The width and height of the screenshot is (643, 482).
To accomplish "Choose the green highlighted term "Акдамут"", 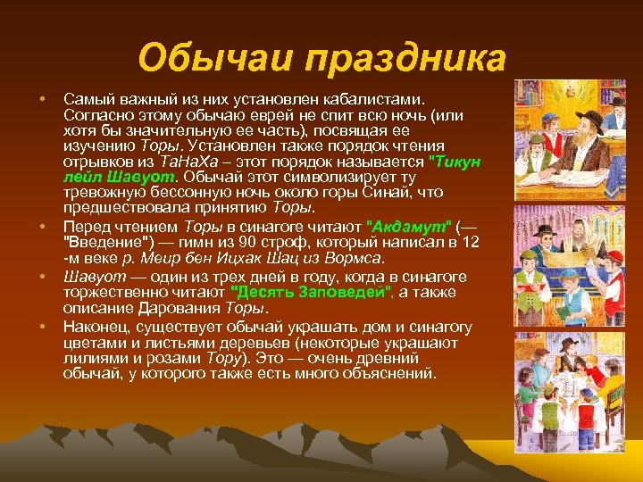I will pos(413,226).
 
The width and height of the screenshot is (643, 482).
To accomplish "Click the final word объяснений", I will pos(389,374).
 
